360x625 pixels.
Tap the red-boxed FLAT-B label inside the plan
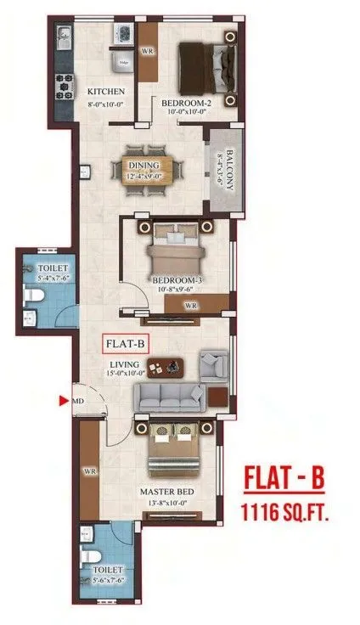tap(126, 345)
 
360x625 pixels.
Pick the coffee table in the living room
tap(177, 365)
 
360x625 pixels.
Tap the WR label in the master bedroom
tap(87, 470)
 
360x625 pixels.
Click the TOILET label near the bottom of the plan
tap(110, 568)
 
